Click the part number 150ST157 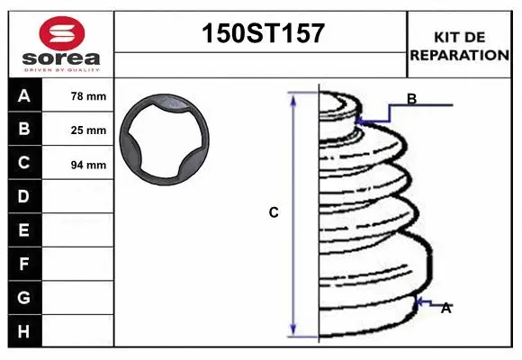tap(261, 34)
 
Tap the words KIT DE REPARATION tap(459, 46)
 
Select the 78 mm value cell tap(88, 96)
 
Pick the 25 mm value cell tap(88, 130)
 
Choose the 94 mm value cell tap(88, 165)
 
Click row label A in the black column tap(24, 96)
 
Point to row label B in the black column tap(24, 130)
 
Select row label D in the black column tap(24, 196)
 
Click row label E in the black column tap(24, 230)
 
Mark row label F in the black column tap(24, 264)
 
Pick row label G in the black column tap(24, 297)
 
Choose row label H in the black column tap(24, 331)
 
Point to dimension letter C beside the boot tap(274, 213)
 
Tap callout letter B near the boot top tap(411, 99)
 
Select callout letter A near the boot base tap(445, 309)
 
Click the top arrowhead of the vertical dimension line tap(292, 96)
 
